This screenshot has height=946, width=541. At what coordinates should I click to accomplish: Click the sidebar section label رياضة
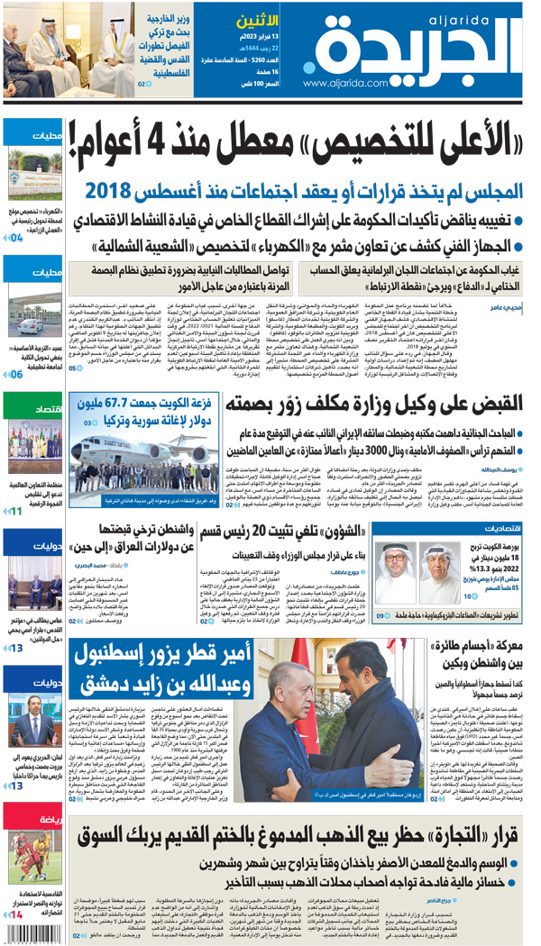click(x=49, y=795)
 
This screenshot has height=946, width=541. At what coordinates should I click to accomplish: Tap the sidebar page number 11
click(x=16, y=512)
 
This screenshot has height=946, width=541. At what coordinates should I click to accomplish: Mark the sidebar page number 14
click(x=16, y=914)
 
